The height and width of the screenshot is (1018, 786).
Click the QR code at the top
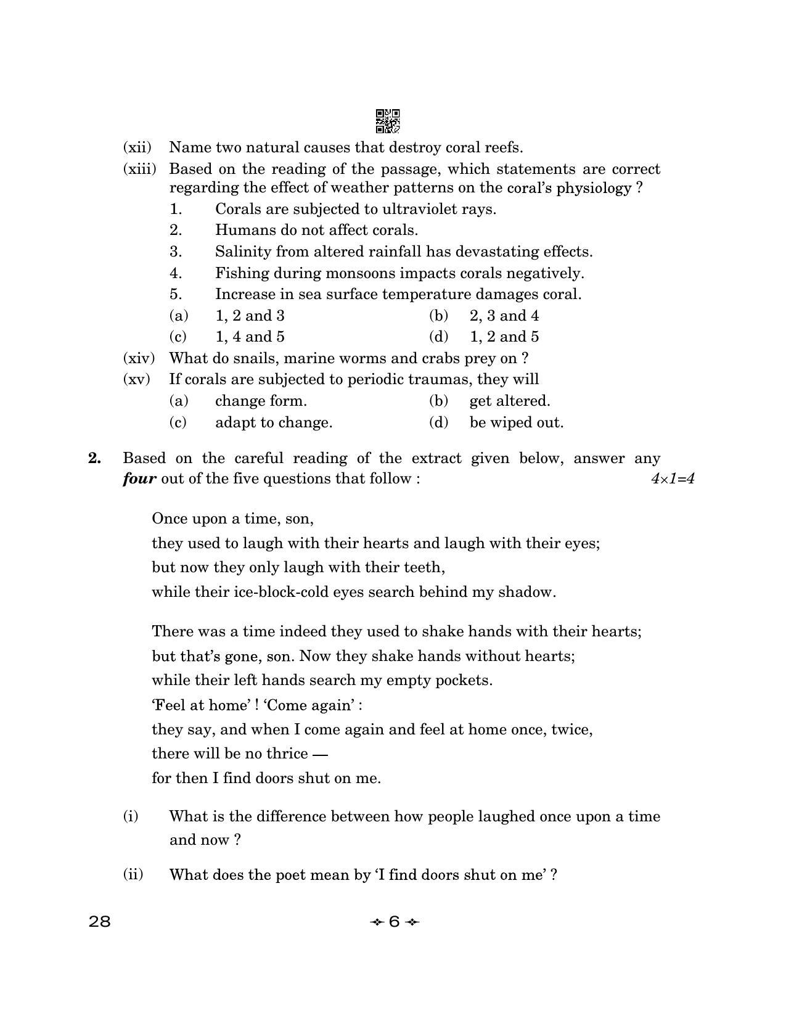[387, 121]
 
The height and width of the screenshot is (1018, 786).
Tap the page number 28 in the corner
[100, 922]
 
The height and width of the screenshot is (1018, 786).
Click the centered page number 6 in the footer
[395, 922]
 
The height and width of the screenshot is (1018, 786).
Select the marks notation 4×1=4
[673, 479]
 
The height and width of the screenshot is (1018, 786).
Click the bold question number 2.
[94, 458]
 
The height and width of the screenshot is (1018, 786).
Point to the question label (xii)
[137, 147]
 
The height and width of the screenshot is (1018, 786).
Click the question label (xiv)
[139, 358]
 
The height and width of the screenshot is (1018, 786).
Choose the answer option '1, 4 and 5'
[250, 337]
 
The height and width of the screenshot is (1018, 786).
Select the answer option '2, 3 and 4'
[504, 316]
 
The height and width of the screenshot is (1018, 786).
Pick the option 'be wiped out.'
[516, 422]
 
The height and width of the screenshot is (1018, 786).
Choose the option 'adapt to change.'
[273, 422]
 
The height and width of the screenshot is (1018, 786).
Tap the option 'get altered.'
[509, 401]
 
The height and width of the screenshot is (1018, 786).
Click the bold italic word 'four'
[139, 479]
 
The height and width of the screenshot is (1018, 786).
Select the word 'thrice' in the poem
[288, 753]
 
